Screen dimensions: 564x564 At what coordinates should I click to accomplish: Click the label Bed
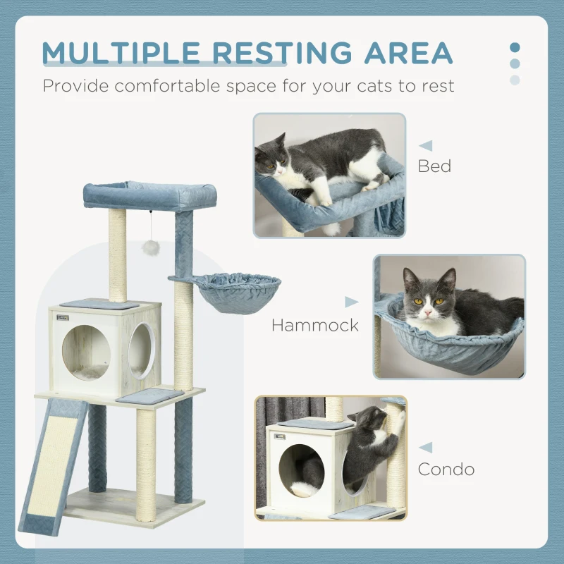434,167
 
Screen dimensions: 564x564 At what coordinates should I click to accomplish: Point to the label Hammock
315,325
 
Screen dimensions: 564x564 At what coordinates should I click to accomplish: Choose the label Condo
446,469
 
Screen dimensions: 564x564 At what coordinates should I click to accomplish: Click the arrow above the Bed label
426,146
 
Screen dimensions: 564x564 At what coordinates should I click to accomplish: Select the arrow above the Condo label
426,447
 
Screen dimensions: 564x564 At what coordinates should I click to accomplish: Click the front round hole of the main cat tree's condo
85,352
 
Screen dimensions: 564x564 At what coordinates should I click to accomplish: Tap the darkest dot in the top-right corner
515,47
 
